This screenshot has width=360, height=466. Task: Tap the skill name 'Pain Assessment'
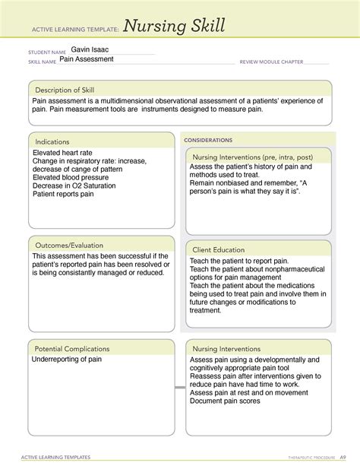(x=88, y=59)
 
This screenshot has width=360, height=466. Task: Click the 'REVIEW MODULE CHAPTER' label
(x=271, y=61)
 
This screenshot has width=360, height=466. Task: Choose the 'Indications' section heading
(x=52, y=141)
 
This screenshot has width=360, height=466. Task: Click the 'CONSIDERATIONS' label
(x=208, y=141)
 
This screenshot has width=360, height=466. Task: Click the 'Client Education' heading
(x=219, y=249)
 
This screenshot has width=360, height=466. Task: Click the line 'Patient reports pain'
(x=64, y=195)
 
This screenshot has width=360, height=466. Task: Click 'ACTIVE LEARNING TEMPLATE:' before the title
(x=71, y=29)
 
